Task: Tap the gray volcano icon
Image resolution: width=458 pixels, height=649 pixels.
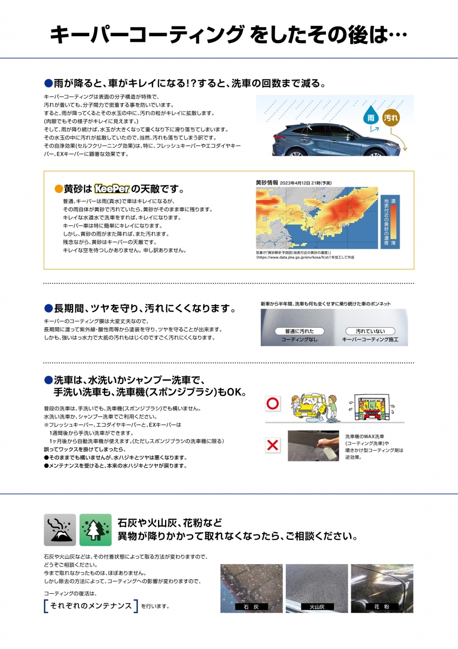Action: tap(60, 529)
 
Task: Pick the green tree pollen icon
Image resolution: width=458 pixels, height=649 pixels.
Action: tap(95, 529)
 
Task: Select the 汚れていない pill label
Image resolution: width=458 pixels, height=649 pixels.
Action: tap(370, 331)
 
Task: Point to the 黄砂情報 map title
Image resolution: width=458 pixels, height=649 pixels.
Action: tap(269, 182)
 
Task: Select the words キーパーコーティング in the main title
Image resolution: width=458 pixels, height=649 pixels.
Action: tap(146, 35)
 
